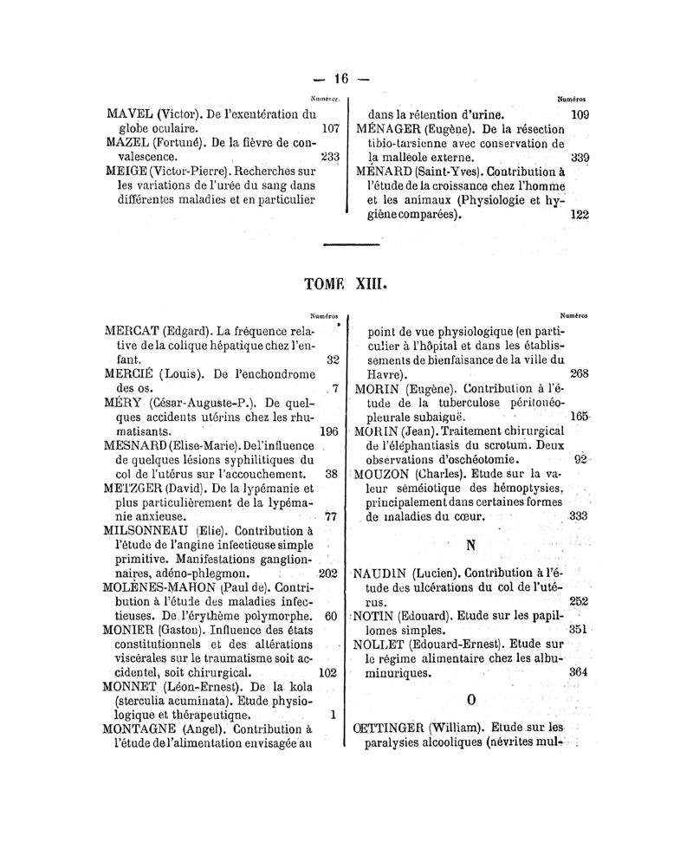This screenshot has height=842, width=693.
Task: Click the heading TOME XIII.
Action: (345, 285)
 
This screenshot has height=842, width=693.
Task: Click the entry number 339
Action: (580, 158)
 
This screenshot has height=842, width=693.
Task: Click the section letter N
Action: (471, 547)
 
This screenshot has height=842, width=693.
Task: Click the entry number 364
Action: (578, 672)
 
